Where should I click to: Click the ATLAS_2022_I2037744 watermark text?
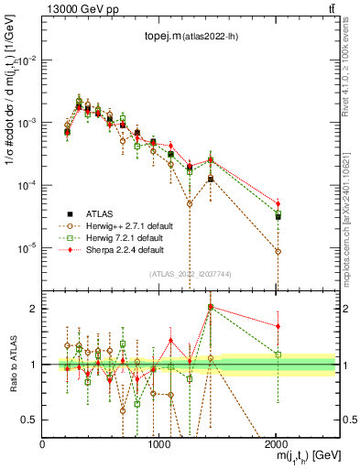point(190,274)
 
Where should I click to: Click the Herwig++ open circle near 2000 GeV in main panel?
point(278,251)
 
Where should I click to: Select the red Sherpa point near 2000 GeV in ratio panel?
point(278,326)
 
